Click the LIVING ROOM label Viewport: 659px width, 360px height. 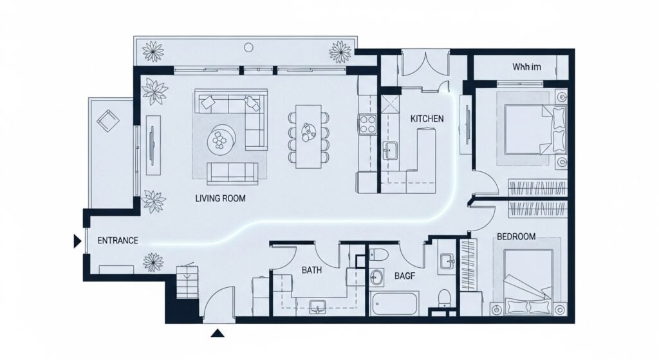tap(220, 198)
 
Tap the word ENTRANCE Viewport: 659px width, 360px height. tap(117, 240)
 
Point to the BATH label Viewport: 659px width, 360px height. tap(311, 270)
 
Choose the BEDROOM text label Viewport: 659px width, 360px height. tap(516, 236)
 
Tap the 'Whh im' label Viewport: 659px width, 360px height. tap(526, 67)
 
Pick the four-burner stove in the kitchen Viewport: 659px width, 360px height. tap(368, 123)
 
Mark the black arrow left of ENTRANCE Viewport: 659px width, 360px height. tap(77, 241)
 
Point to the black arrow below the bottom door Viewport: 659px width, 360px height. tap(218, 333)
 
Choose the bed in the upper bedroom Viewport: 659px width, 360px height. tap(528, 129)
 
